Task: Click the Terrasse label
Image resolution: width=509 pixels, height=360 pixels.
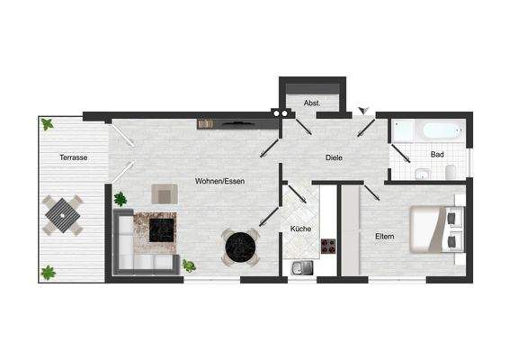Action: tap(73, 157)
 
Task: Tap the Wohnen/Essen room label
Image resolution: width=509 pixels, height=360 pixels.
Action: tap(220, 181)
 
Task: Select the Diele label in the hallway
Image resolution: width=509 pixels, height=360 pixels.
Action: tap(335, 157)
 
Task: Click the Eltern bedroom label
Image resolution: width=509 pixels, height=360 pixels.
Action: tap(386, 236)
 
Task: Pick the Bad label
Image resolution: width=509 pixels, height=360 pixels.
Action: tap(437, 154)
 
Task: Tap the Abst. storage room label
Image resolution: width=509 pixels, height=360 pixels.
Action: tap(313, 103)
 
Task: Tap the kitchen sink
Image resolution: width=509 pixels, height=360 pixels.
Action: tap(301, 265)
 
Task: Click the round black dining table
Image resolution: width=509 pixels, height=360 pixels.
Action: tap(239, 245)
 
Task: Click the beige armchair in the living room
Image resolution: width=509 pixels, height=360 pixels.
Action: tap(165, 193)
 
